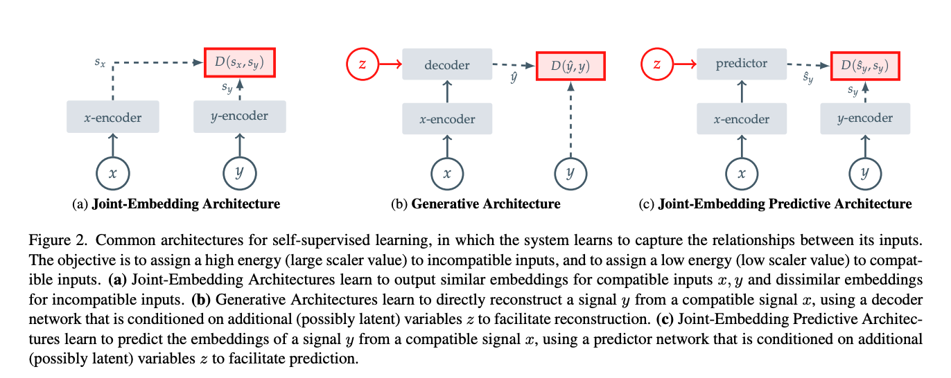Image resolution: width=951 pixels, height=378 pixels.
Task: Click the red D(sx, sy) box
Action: (240, 62)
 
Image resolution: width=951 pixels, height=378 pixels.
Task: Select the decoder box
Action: (447, 64)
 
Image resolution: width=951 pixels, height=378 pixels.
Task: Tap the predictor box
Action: (741, 64)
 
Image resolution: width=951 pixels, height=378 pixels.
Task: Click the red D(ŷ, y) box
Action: (570, 66)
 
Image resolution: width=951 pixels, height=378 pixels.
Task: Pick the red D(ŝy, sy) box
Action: (865, 66)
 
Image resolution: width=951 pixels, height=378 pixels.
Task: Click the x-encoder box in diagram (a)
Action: (113, 117)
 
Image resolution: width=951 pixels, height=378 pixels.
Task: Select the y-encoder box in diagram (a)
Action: (240, 117)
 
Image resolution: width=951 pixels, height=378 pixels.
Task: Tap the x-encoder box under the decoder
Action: (447, 119)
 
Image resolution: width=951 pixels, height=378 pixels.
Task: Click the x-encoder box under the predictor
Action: (741, 119)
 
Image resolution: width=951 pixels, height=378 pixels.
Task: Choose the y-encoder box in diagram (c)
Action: (865, 119)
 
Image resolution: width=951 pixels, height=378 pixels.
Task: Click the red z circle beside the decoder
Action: (362, 64)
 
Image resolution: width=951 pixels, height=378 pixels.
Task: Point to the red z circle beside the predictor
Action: (657, 64)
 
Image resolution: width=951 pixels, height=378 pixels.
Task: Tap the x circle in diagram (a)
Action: (113, 174)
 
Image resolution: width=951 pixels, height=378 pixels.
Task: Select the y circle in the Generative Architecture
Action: (570, 174)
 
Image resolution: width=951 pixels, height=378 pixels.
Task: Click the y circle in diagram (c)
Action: (865, 174)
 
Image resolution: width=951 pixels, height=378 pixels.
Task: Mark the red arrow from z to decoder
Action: (390, 64)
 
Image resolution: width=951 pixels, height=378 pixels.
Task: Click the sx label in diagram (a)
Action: (100, 62)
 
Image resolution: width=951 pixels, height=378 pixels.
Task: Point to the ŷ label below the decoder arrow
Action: (514, 78)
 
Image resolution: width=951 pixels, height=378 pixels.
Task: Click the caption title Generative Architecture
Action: (486, 204)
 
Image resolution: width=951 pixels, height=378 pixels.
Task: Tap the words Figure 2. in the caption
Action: (58, 240)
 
